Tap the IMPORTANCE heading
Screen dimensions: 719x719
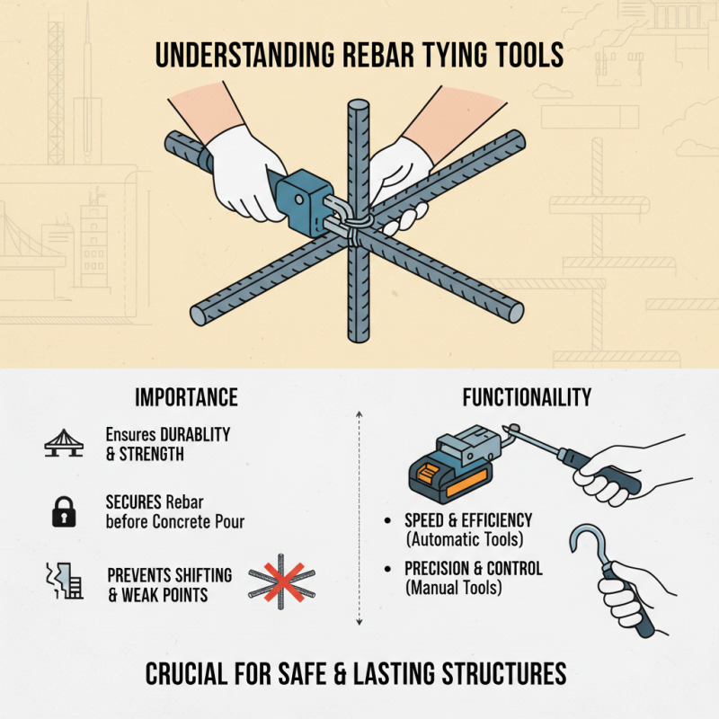186,397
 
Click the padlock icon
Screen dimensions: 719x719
63,512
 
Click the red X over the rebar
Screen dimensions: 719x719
281,581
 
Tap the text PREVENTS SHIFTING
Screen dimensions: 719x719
169,574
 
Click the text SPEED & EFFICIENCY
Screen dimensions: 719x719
468,521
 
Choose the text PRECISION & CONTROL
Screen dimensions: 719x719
474,570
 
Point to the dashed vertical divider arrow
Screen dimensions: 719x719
359,517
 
